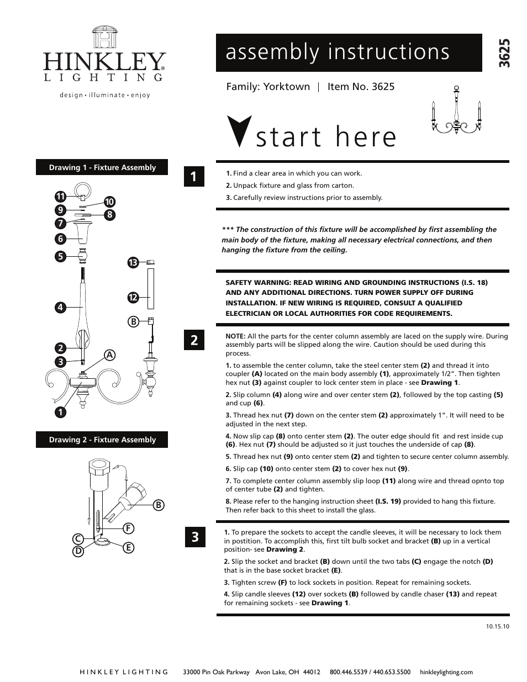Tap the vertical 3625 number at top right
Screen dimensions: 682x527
(504, 53)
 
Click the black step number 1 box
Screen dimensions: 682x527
(194, 177)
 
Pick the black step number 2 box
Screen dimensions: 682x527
(194, 340)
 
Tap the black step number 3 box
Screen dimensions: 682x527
(194, 537)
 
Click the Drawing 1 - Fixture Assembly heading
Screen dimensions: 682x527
(102, 167)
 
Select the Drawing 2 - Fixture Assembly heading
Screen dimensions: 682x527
(102, 440)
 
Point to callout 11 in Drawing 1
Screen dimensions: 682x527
(60, 196)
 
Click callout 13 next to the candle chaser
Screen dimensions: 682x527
(132, 263)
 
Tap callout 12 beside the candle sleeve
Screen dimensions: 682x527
(132, 298)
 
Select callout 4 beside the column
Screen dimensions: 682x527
(60, 307)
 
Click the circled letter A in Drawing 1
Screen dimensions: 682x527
(110, 355)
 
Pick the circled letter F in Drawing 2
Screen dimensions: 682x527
(128, 528)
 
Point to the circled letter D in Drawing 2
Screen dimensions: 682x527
(78, 551)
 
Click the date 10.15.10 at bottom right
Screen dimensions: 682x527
(497, 626)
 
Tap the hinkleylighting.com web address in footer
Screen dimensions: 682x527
(446, 672)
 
